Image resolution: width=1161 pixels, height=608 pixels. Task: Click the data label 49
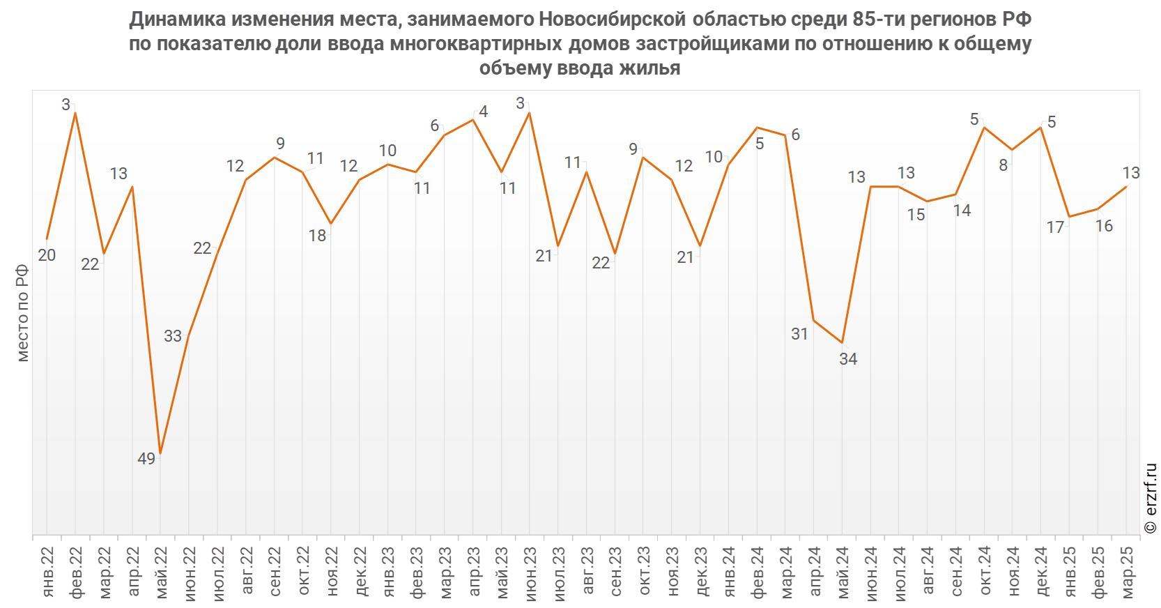pos(146,459)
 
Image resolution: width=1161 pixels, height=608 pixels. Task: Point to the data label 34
pos(848,359)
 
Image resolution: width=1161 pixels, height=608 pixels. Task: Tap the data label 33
pos(173,336)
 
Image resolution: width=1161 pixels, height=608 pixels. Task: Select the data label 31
pos(799,334)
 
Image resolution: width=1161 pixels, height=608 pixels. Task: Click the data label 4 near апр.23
pos(484,112)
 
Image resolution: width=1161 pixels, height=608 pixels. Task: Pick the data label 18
pos(317,236)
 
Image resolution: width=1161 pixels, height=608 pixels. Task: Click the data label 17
pos(1055,227)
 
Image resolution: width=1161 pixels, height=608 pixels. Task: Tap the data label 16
pos(1104,226)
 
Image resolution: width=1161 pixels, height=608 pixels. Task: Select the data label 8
pos(1004,165)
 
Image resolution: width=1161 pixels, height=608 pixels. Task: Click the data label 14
pos(962,211)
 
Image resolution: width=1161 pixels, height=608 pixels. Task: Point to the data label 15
pos(916,215)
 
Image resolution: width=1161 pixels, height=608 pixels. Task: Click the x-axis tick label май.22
pos(161,572)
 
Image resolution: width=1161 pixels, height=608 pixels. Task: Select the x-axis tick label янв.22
pos(47,572)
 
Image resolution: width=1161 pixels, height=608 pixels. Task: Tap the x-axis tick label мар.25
pos(1128,572)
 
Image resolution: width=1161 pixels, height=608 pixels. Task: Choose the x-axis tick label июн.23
pos(530,572)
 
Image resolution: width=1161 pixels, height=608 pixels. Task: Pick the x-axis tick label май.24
pos(843,572)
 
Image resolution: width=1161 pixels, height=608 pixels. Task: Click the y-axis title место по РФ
pos(23,313)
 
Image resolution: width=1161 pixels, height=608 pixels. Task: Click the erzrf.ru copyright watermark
pos(1151,499)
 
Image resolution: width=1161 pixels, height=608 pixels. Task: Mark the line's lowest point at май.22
pos(161,454)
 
